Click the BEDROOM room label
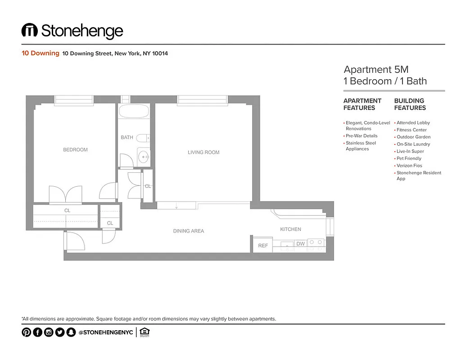[x=75, y=150]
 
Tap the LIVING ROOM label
[x=204, y=153]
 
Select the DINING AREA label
[x=188, y=231]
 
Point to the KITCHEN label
[x=290, y=229]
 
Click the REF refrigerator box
[x=263, y=246]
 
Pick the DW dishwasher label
[x=300, y=244]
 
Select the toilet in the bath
[x=143, y=138]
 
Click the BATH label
[x=127, y=138]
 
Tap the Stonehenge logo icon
[x=29, y=31]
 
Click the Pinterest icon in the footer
[x=27, y=333]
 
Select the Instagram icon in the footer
[x=49, y=333]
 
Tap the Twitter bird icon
[x=59, y=333]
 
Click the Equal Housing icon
[x=145, y=333]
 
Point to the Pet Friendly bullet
[x=409, y=158]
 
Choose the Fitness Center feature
[x=412, y=130]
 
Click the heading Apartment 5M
[x=376, y=70]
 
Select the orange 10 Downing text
[x=41, y=53]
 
